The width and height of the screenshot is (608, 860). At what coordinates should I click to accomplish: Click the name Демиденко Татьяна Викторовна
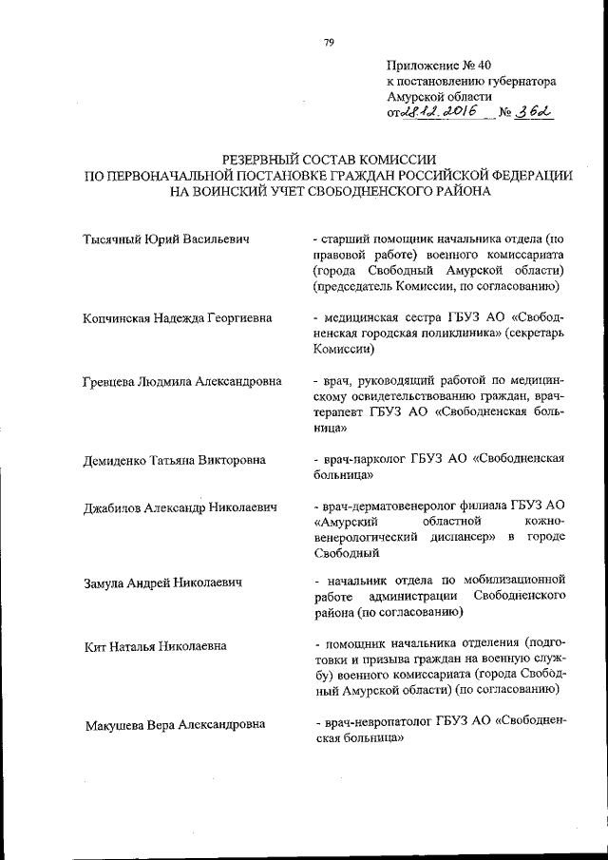coord(174,460)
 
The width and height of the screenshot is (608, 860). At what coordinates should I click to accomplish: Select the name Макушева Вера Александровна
coord(175,724)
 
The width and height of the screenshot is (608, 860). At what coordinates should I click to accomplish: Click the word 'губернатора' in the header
coord(520,82)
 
